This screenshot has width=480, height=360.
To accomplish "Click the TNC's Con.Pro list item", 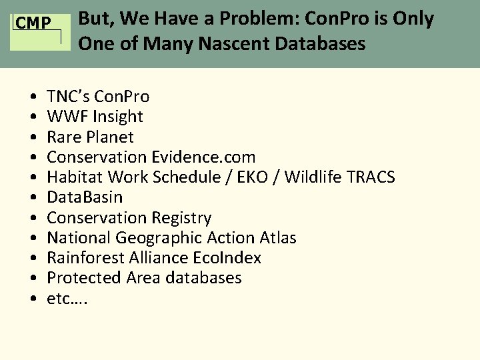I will pos(98,97).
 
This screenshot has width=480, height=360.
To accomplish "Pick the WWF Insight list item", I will pos(95,117).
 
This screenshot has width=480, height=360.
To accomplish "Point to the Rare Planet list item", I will pos(90,137).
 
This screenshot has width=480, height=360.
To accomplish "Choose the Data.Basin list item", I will pos(85,197).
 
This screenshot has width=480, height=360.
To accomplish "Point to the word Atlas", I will pos(278,238).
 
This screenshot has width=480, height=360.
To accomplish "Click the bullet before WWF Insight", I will pos(33,117).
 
